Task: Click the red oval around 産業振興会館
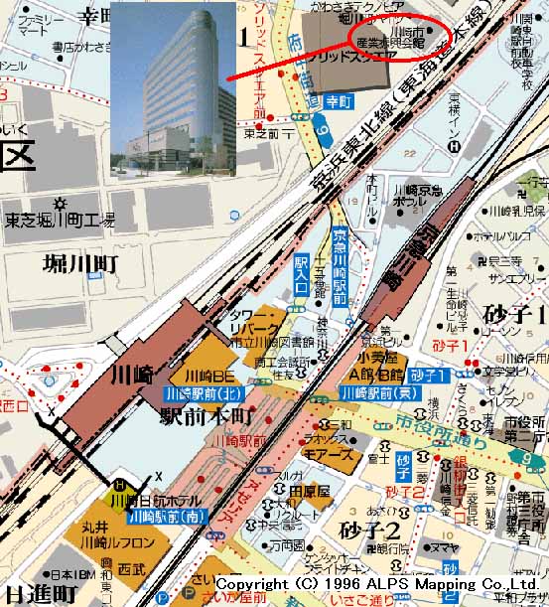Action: (401, 37)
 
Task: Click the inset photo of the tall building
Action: (174, 89)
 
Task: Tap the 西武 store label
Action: (131, 571)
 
